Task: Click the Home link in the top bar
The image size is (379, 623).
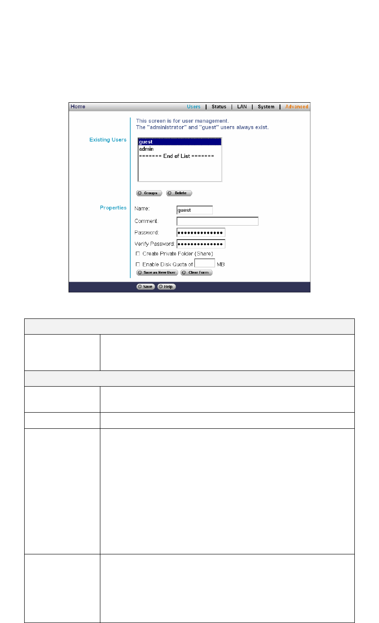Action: click(78, 107)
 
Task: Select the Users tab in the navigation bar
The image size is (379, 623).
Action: click(194, 107)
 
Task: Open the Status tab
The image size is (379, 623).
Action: click(219, 107)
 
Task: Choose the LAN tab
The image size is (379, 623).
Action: click(242, 107)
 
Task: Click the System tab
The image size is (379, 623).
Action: click(266, 107)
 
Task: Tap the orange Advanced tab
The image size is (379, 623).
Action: click(297, 107)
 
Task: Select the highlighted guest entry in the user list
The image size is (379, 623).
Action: click(180, 142)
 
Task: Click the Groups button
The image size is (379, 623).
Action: click(149, 193)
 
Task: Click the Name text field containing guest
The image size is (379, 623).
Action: click(194, 210)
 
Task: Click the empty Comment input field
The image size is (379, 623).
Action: click(217, 221)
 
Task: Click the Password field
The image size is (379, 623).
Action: click(201, 232)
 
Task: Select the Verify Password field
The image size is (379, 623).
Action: click(201, 244)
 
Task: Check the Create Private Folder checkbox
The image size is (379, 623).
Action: click(138, 254)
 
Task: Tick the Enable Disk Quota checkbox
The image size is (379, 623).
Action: click(138, 265)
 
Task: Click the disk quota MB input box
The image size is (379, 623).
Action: click(205, 263)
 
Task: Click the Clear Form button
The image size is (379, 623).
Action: click(197, 273)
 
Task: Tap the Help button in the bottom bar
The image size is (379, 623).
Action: click(167, 287)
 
